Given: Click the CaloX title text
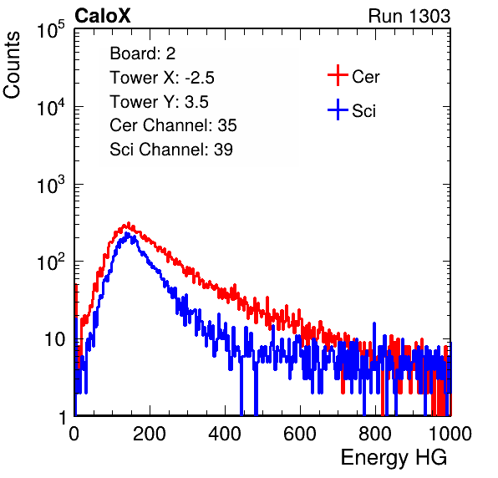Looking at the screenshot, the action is pyautogui.click(x=103, y=16).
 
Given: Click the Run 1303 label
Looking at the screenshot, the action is pyautogui.click(x=409, y=16).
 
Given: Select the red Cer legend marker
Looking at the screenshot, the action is pyautogui.click(x=338, y=75).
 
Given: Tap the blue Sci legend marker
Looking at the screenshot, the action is pyautogui.click(x=338, y=110).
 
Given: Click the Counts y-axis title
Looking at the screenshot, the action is pyautogui.click(x=12, y=65).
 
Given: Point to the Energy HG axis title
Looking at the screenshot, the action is pyautogui.click(x=394, y=458).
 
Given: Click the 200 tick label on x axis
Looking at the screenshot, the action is pyautogui.click(x=150, y=434).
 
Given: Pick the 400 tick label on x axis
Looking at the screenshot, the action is pyautogui.click(x=225, y=434).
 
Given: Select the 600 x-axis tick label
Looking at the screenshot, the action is pyautogui.click(x=300, y=434).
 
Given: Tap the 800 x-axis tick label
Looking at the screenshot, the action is pyautogui.click(x=375, y=434).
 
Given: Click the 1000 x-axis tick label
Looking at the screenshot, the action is pyautogui.click(x=450, y=434).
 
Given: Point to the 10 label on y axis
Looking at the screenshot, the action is pyautogui.click(x=55, y=339).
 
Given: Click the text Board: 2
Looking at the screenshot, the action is pyautogui.click(x=142, y=53).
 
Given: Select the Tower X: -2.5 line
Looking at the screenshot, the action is pyautogui.click(x=162, y=78).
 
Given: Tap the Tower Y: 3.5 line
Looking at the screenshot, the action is pyautogui.click(x=159, y=102).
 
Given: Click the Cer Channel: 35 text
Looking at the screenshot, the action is pyautogui.click(x=173, y=125).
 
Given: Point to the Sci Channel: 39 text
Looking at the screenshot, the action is pyautogui.click(x=171, y=150).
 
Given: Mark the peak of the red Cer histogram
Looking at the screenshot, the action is pyautogui.click(x=129, y=223).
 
